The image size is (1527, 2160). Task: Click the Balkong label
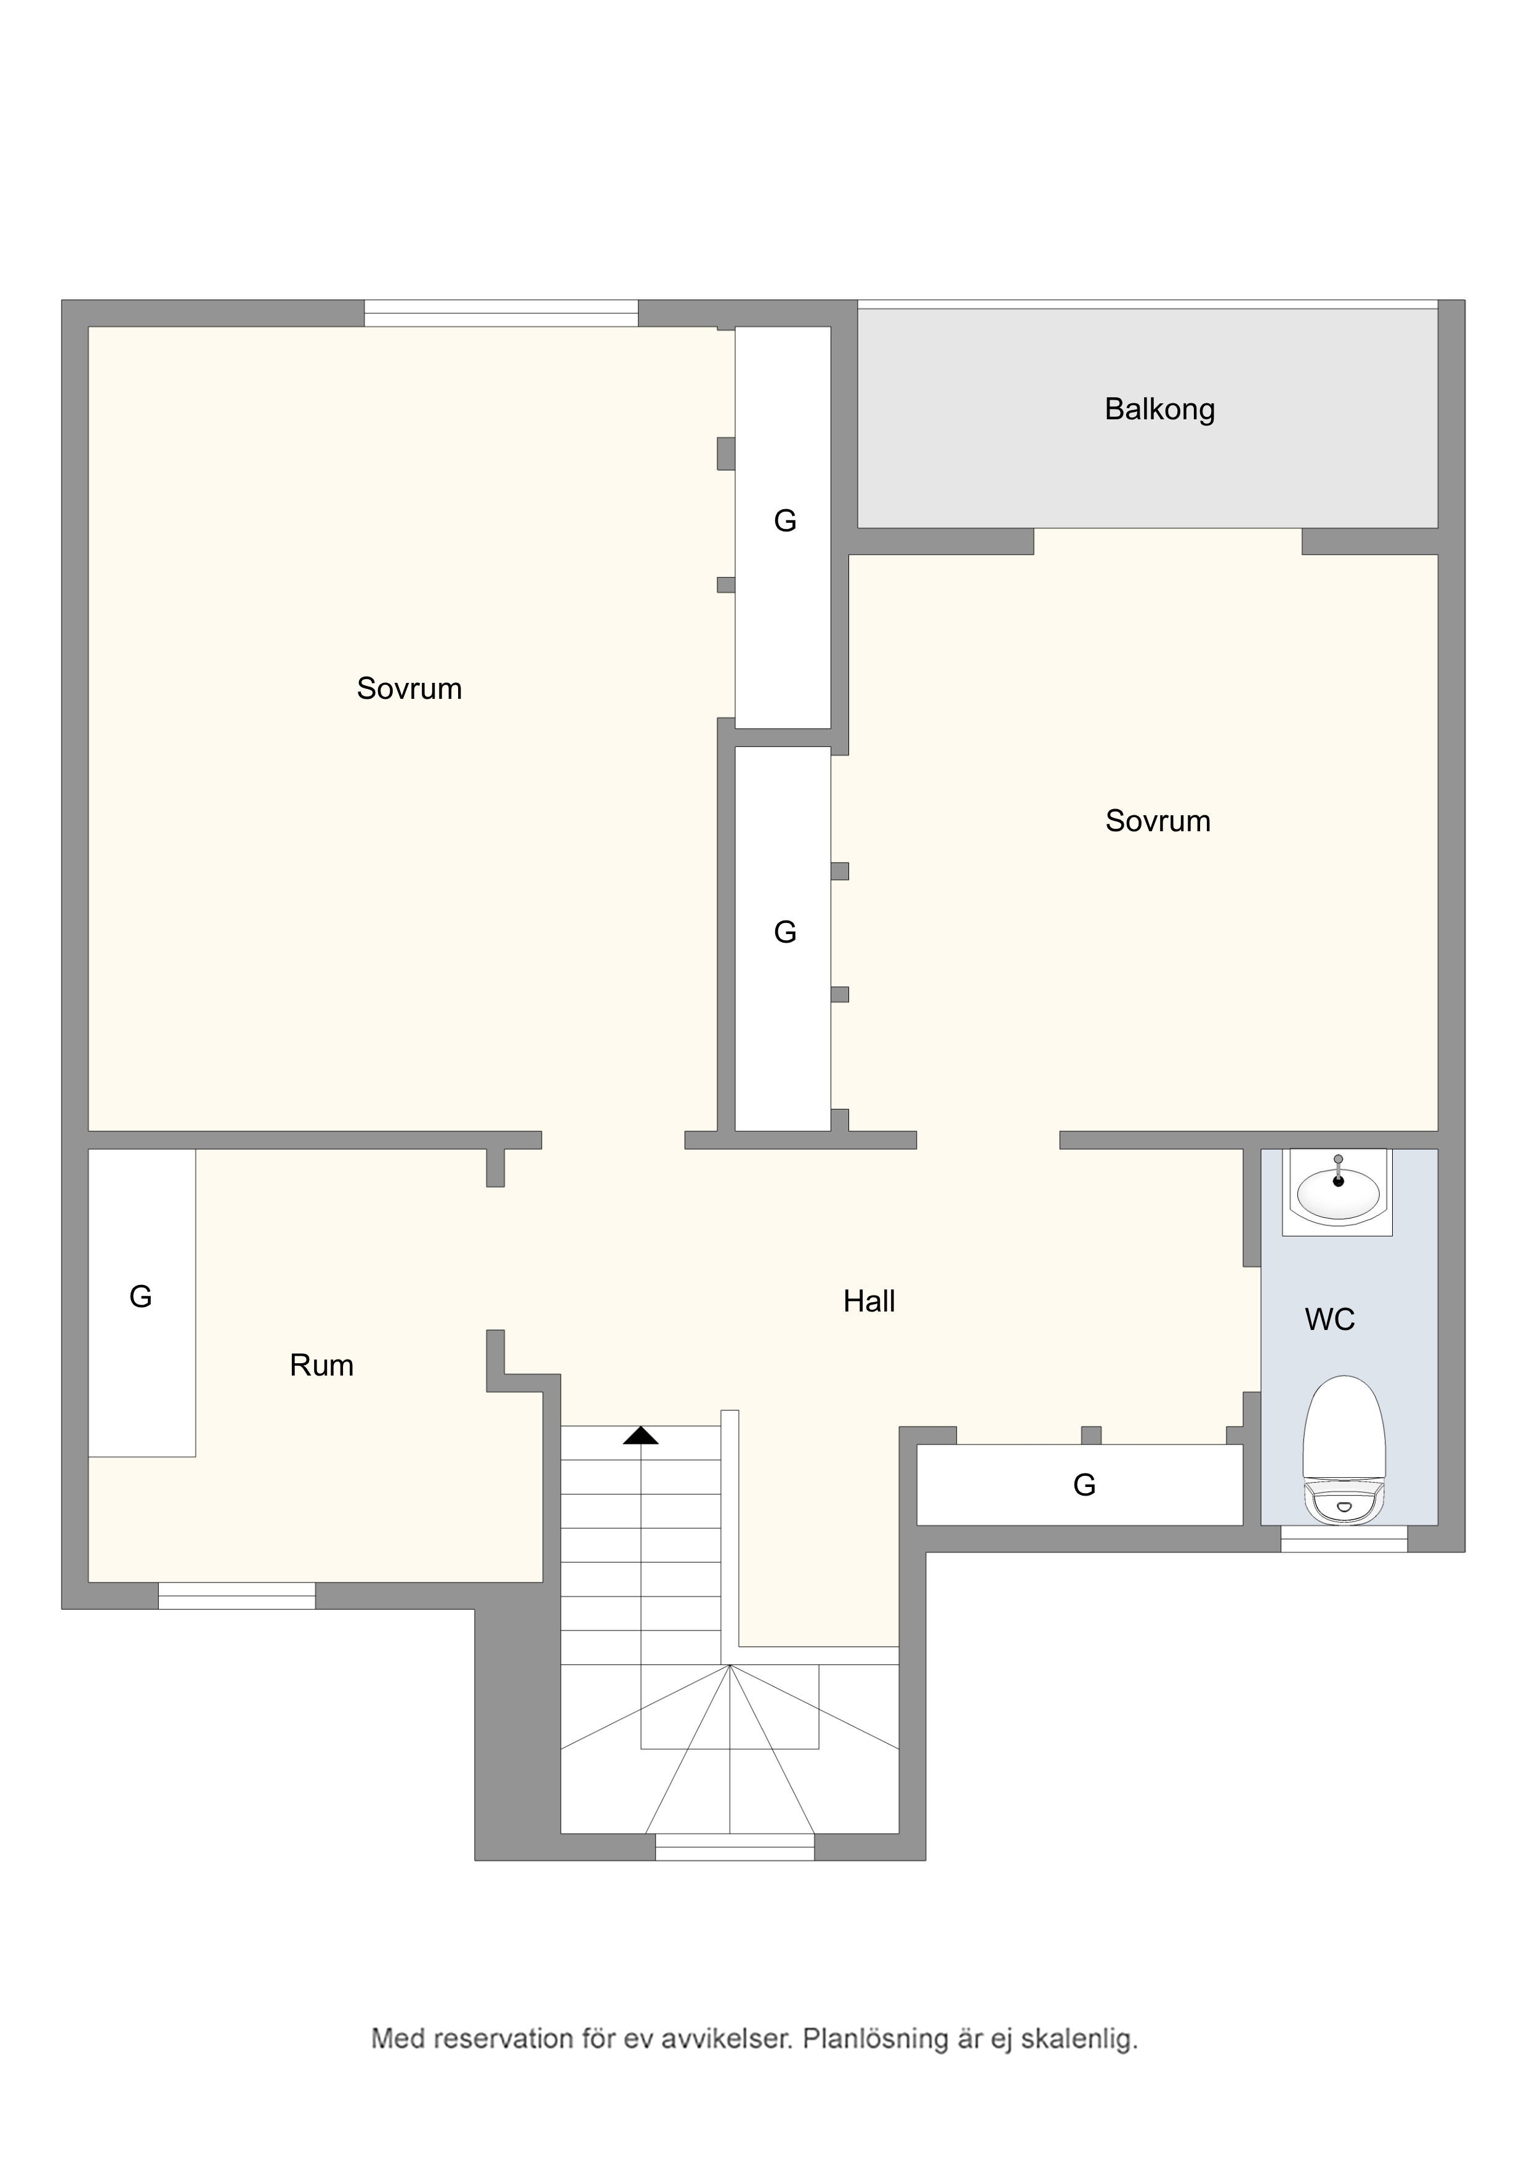(1159, 410)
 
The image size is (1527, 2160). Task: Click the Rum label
(322, 1366)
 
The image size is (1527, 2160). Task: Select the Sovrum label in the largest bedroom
(409, 688)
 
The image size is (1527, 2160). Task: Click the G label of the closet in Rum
(140, 1296)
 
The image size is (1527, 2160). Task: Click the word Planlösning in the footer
(880, 2039)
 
